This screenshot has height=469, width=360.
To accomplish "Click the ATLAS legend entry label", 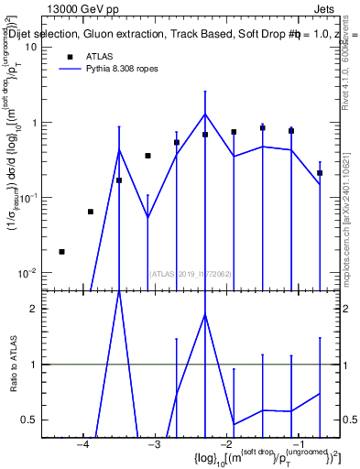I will pos(99,57).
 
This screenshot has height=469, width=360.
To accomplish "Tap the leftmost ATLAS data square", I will pos(61,251).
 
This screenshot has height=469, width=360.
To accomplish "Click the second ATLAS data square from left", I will pos(91,212).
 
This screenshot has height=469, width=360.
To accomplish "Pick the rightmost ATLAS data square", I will pos(320,172).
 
